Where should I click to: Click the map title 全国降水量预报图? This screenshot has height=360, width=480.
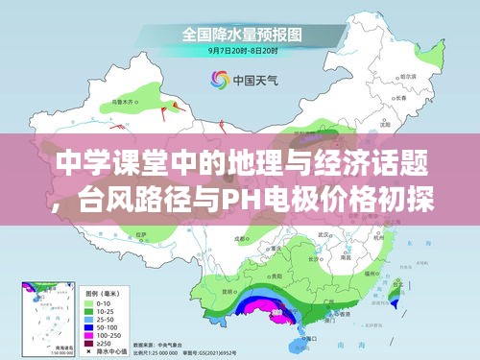click(x=240, y=32)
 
